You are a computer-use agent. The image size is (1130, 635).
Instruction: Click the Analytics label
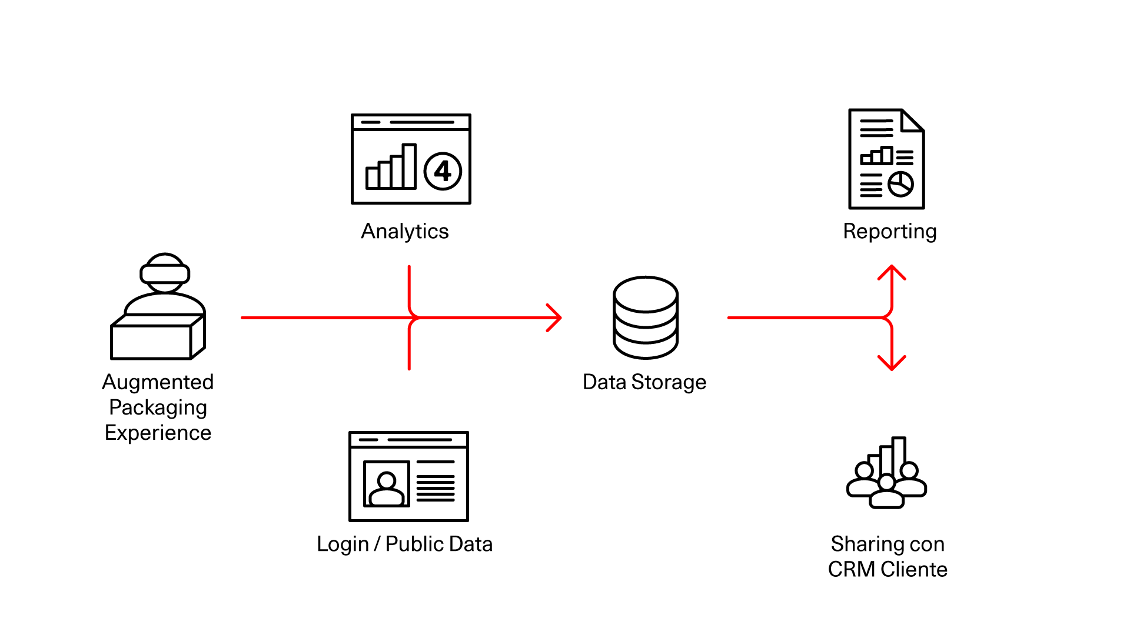pyautogui.click(x=405, y=231)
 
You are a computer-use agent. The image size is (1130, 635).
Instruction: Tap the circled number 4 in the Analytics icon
pyautogui.click(x=443, y=171)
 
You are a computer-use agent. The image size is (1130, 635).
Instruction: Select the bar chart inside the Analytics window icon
pyautogui.click(x=391, y=168)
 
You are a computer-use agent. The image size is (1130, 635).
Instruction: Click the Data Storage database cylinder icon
pyautogui.click(x=646, y=317)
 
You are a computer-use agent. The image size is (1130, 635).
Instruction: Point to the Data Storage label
pyautogui.click(x=644, y=382)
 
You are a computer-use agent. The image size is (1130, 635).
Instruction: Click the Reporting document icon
pyautogui.click(x=886, y=159)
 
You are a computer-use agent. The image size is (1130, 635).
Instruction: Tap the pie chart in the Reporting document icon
pyautogui.click(x=900, y=184)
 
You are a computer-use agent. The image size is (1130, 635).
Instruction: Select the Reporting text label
pyautogui.click(x=889, y=231)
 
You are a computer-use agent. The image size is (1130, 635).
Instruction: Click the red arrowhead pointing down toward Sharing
pyautogui.click(x=892, y=363)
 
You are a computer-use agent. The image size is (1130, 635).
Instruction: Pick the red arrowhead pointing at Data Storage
pyautogui.click(x=554, y=317)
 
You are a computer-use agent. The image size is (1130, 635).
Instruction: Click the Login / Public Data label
pyautogui.click(x=404, y=544)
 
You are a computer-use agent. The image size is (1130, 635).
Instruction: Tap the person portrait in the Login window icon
pyautogui.click(x=387, y=484)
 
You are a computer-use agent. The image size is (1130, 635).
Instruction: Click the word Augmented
pyautogui.click(x=158, y=382)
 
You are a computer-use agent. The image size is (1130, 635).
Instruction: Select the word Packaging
pyautogui.click(x=158, y=407)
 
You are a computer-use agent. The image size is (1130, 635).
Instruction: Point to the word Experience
pyautogui.click(x=158, y=433)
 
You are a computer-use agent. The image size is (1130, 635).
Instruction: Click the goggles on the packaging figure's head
pyautogui.click(x=165, y=273)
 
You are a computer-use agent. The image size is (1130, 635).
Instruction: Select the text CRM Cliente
pyautogui.click(x=888, y=569)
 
